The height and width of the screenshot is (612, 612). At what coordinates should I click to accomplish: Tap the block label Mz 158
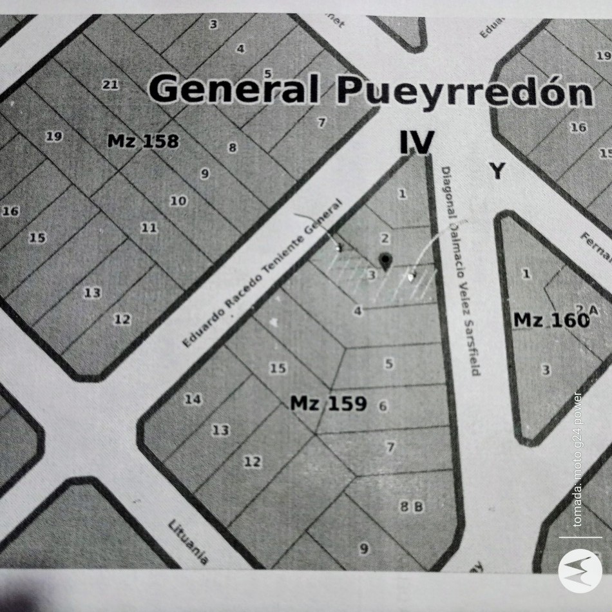[142, 141]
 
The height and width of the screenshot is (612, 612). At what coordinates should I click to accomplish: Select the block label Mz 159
[328, 404]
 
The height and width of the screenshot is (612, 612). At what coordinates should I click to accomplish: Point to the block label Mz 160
[551, 319]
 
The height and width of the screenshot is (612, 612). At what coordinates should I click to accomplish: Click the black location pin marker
[385, 261]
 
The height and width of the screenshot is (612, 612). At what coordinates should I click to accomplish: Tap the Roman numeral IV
[416, 143]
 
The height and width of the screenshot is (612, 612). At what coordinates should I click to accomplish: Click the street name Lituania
[188, 542]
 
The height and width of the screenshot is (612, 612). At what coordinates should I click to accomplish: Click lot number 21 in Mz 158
[110, 84]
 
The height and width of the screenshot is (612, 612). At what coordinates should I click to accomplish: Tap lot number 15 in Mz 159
[278, 368]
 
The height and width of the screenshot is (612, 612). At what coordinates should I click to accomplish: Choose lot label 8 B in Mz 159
[412, 507]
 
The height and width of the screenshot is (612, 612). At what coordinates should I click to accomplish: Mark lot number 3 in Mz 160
[546, 370]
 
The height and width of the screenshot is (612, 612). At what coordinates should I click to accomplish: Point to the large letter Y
[497, 171]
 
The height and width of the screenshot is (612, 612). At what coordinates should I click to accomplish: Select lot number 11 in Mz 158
[149, 227]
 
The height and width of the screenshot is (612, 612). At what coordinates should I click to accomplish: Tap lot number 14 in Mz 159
[192, 399]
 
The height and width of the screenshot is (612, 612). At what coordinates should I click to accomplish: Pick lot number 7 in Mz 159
[390, 446]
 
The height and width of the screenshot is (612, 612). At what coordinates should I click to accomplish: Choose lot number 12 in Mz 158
[122, 319]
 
